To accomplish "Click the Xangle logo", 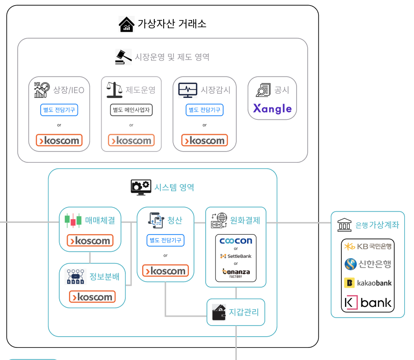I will coord(272,109).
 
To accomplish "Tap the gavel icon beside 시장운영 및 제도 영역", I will coord(123,57).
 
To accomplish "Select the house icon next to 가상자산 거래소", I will coord(126,24).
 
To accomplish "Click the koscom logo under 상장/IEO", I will coord(59,140).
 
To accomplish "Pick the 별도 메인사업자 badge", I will coord(131,110).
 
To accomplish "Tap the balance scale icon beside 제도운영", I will coord(114,90).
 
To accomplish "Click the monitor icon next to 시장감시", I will coord(187,90).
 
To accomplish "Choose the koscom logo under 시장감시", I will coord(205,140).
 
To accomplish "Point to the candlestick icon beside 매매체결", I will coord(73,220).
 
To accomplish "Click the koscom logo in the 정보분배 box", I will coord(92,297).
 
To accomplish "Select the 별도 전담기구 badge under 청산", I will coord(166,241).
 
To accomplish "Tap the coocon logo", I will coord(236,241).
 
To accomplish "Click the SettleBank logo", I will coord(236,256).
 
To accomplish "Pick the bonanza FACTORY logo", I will coord(236,272).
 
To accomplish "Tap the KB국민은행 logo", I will coord(368,246).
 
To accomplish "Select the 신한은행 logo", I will coord(368,264).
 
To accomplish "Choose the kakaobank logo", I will coord(368,283).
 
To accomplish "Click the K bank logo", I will coord(368,303).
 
